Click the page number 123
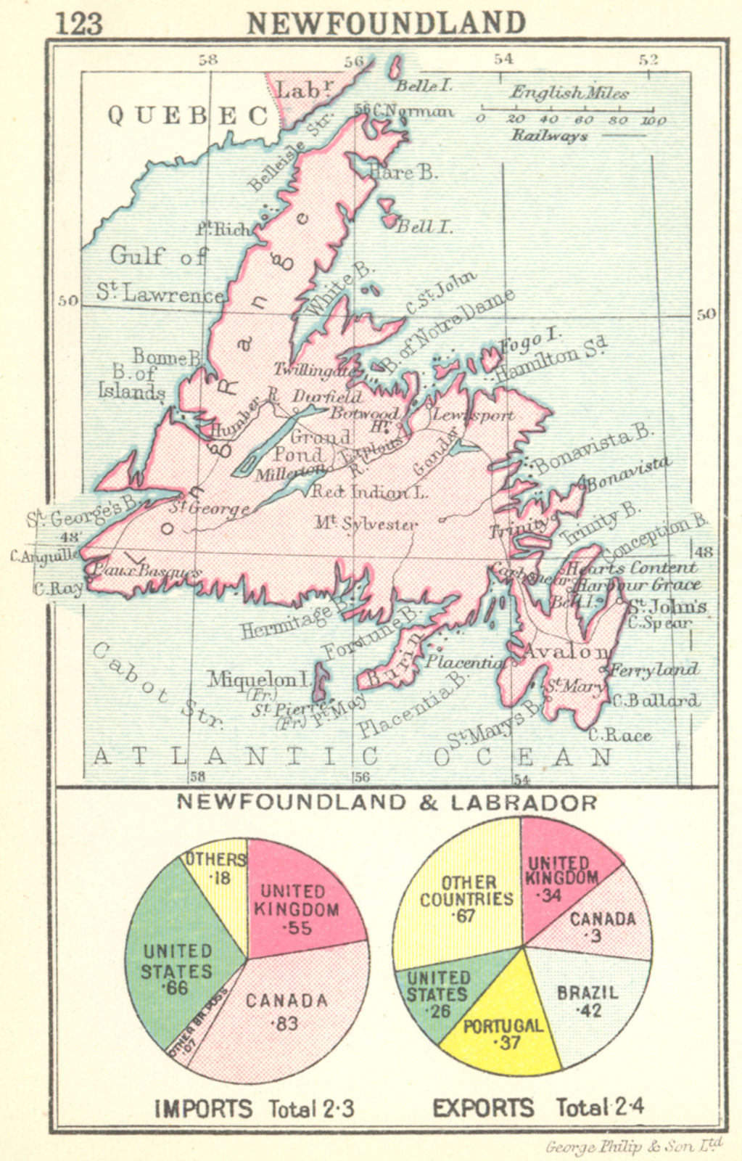click(x=78, y=23)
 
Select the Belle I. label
click(x=423, y=86)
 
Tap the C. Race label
click(x=619, y=735)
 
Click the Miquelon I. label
click(x=258, y=679)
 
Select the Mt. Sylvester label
click(x=366, y=523)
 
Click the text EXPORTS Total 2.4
click(x=537, y=1108)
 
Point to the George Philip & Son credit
click(x=633, y=1146)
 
